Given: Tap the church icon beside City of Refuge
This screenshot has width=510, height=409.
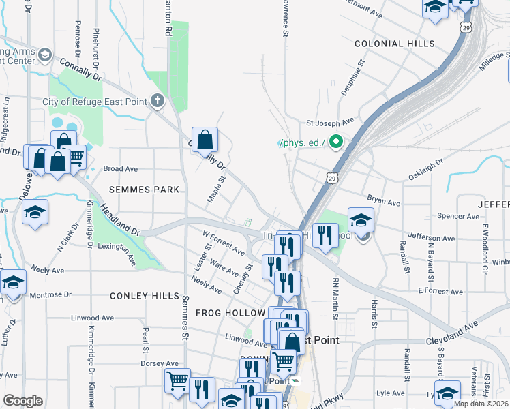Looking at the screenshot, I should [157, 102].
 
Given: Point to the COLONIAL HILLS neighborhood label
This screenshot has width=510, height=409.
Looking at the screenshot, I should [394, 43].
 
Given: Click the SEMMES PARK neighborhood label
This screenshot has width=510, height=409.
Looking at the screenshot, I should [141, 189].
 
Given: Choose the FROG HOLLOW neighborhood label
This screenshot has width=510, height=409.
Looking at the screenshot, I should [230, 312].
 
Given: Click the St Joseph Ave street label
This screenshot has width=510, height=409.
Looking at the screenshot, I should [330, 123].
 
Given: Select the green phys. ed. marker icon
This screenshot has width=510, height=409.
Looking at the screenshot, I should [335, 142].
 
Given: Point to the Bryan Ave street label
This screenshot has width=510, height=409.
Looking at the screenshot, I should [383, 202].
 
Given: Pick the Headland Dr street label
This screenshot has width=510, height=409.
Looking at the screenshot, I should [120, 220].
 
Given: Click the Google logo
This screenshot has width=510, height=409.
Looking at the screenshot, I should [22, 401].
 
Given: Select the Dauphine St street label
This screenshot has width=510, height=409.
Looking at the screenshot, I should [354, 77].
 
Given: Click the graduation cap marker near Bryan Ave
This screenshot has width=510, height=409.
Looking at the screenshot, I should [361, 220].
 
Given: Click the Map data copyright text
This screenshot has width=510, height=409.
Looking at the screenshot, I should [481, 404].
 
